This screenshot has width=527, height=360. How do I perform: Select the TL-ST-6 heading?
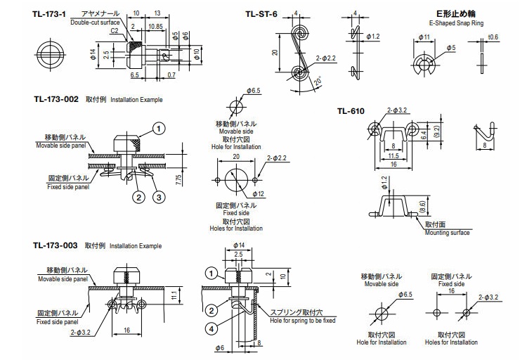pos(261,13)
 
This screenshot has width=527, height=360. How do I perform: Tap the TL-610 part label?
pos(351,110)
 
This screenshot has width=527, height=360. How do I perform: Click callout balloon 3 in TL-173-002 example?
pos(160,197)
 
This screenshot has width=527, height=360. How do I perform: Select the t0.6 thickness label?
pos(492,37)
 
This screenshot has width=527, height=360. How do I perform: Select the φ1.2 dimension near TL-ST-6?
pos(373,36)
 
